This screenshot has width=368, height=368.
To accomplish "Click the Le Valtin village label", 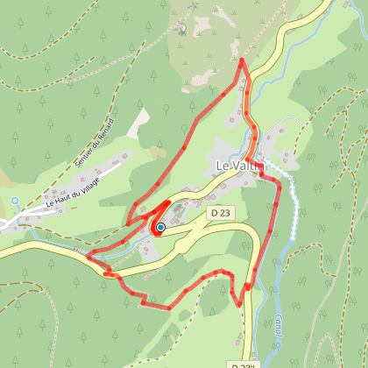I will [x=235, y=166].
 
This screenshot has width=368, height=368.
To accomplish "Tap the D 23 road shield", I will [x=220, y=213].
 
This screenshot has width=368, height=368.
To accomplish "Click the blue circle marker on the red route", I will [x=160, y=228].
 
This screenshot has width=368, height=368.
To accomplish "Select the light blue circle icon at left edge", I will [x=15, y=201].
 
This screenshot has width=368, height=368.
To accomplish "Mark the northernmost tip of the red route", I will [x=242, y=60].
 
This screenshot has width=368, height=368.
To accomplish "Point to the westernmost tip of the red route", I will [x=87, y=257].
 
